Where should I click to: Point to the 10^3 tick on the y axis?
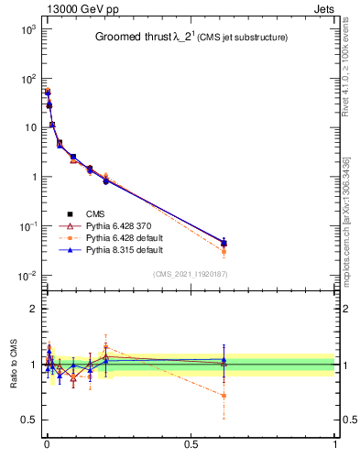(x=27, y=29)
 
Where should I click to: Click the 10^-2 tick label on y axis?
(x=27, y=276)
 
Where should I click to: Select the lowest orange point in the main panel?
(x=224, y=251)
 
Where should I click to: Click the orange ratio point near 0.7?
(x=224, y=396)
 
